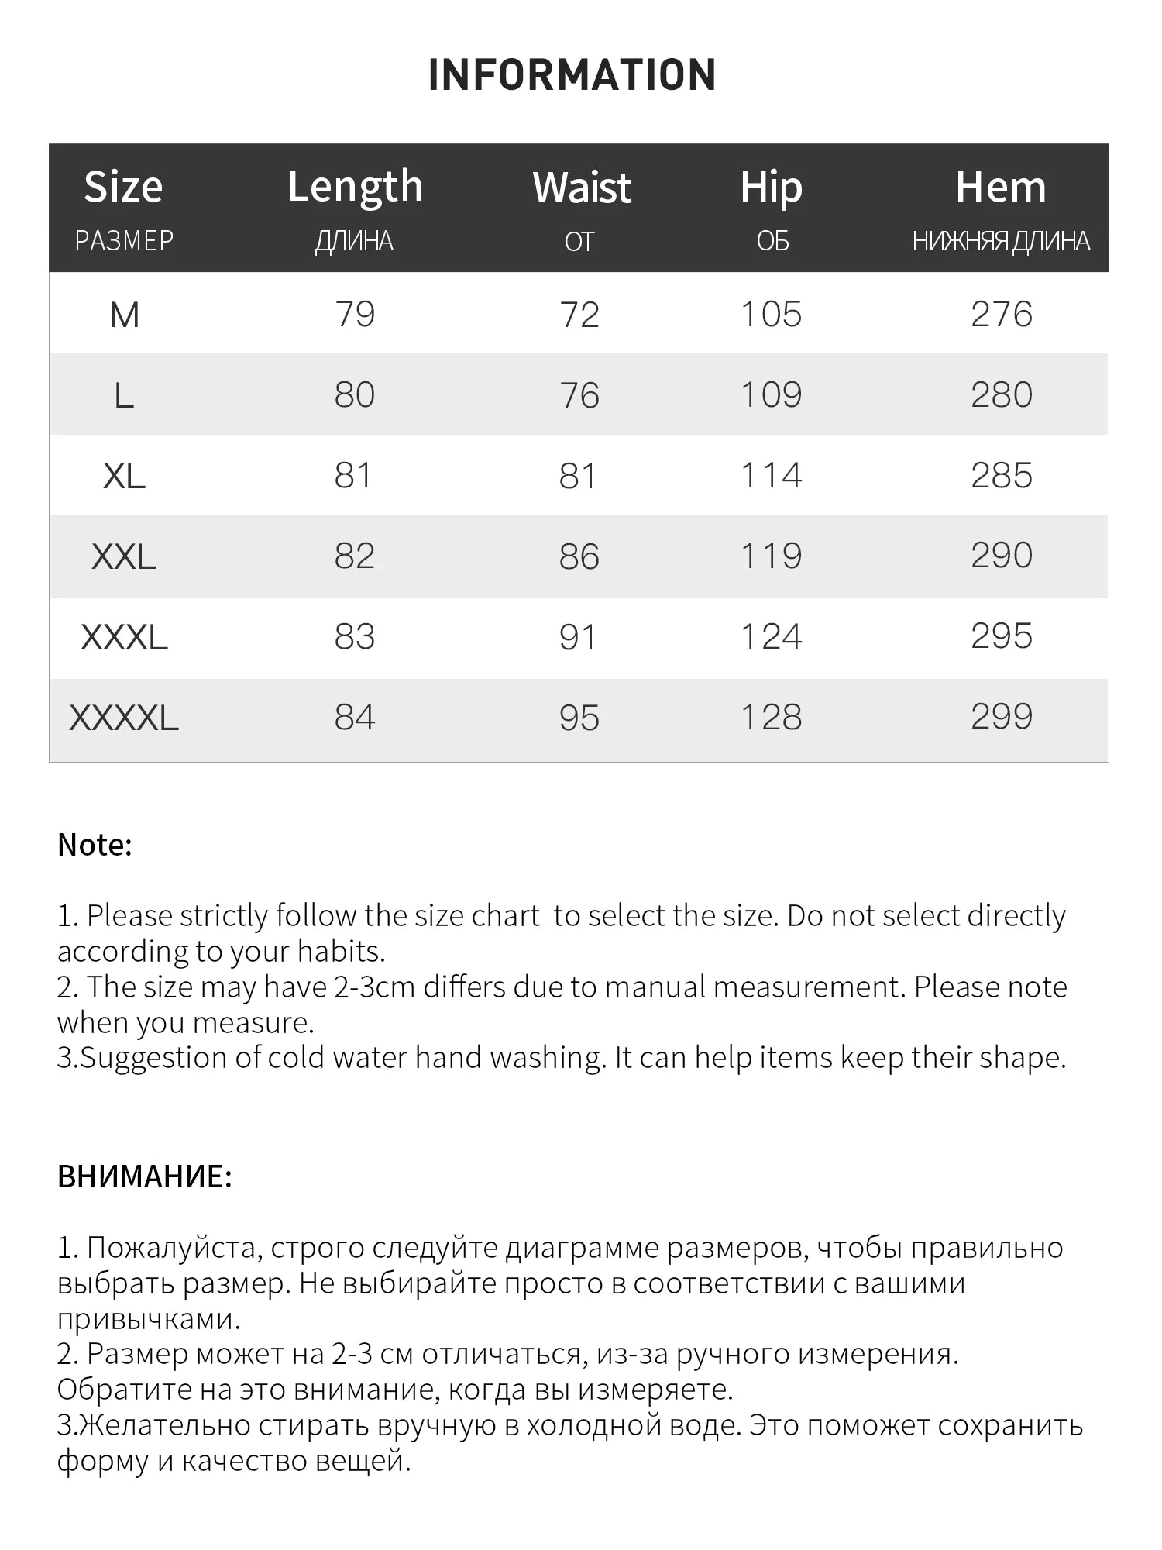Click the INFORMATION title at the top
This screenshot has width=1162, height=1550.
[572, 75]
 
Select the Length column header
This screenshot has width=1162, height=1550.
[356, 187]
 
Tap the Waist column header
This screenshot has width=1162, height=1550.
[582, 188]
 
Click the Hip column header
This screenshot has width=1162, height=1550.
[771, 188]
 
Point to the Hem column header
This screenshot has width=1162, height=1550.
[1001, 188]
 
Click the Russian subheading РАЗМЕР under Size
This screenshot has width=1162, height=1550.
[124, 241]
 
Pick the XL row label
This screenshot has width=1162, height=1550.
[124, 476]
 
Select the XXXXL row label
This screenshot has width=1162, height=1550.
[124, 718]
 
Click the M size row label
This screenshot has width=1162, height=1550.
[124, 315]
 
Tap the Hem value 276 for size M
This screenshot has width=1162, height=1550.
[1002, 315]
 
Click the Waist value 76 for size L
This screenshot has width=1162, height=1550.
[579, 395]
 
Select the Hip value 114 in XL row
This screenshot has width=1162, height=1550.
[771, 476]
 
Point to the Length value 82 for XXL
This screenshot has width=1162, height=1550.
[355, 556]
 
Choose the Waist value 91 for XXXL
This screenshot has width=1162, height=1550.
[578, 637]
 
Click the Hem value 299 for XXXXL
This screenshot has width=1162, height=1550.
[1002, 717]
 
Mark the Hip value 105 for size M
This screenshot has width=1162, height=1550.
[771, 315]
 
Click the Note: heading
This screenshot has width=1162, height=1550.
[95, 845]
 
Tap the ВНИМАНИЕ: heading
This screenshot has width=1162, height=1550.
[145, 1176]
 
